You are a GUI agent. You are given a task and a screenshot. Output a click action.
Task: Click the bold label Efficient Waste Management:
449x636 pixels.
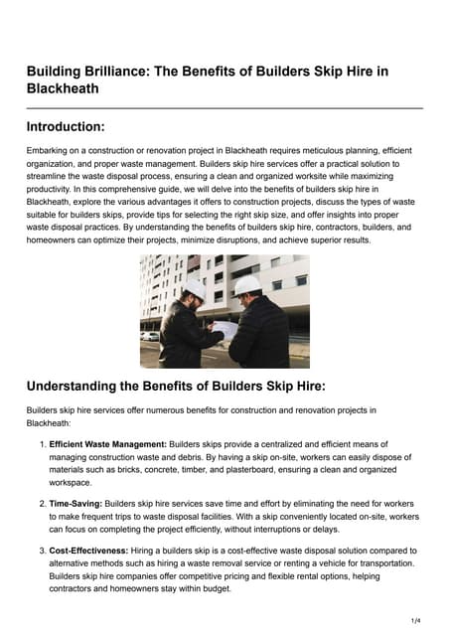pyautogui.click(x=108, y=444)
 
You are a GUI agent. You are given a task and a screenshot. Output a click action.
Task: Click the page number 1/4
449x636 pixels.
pyautogui.click(x=415, y=620)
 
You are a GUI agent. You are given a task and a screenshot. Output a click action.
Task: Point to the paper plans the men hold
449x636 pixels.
pyautogui.click(x=224, y=329)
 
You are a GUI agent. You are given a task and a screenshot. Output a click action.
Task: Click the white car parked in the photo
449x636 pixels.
pyautogui.click(x=150, y=336)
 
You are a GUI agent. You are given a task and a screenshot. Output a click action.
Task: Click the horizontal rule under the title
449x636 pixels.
pyautogui.click(x=224, y=107)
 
